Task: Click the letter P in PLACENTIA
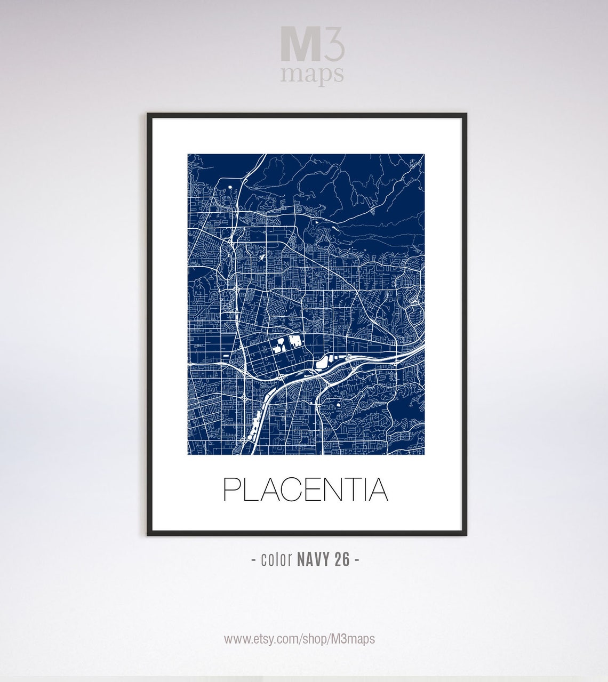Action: pyautogui.click(x=231, y=490)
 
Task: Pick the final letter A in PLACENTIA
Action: pyautogui.click(x=379, y=490)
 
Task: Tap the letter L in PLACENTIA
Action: pyautogui.click(x=250, y=490)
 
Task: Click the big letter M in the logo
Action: pyautogui.click(x=300, y=45)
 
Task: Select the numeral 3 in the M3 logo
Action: pyautogui.click(x=334, y=45)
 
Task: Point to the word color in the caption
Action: pyautogui.click(x=276, y=559)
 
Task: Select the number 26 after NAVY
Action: pyautogui.click(x=342, y=559)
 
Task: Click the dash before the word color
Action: pyautogui.click(x=253, y=560)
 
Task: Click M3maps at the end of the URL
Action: pyautogui.click(x=354, y=638)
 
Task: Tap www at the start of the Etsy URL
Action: pyautogui.click(x=234, y=639)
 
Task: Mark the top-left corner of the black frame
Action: pyautogui.click(x=148, y=114)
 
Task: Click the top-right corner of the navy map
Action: pyautogui.click(x=424, y=155)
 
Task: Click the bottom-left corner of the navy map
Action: pyautogui.click(x=188, y=454)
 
